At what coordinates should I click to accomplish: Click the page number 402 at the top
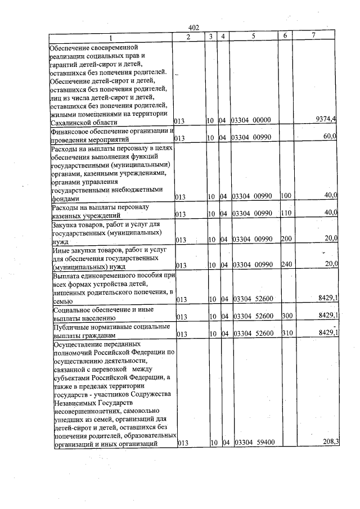pos(194,28)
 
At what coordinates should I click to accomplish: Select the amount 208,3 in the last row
pos(329,442)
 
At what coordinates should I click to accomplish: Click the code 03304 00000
pos(251,121)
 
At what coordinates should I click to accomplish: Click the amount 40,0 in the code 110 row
pos(330,212)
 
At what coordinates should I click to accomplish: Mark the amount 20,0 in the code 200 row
pos(330,238)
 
